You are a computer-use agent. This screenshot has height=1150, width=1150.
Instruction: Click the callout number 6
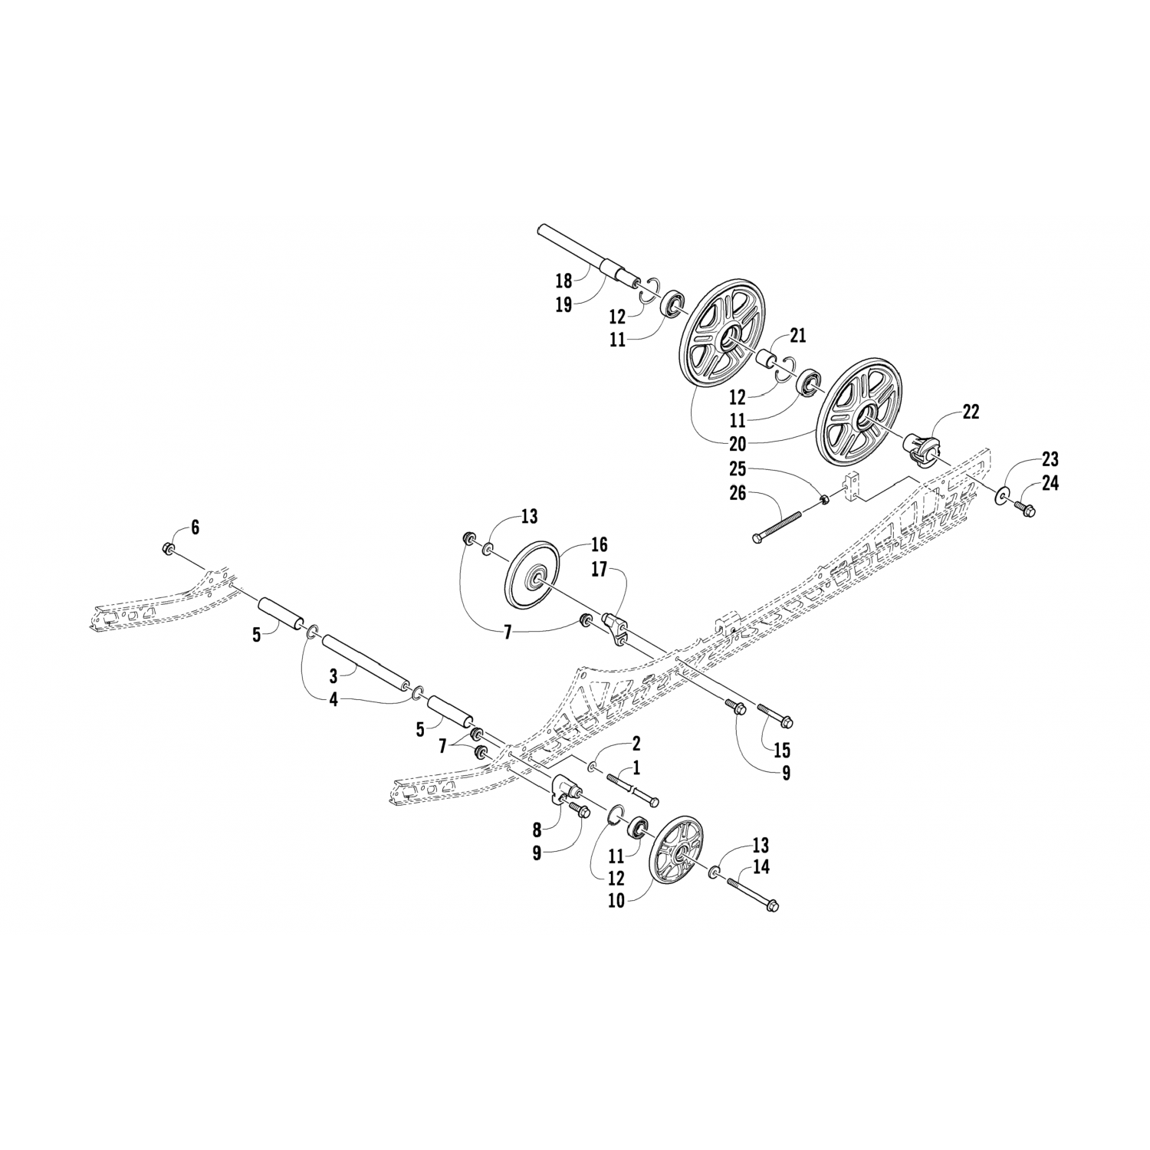195,527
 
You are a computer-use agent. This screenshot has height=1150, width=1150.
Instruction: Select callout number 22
970,412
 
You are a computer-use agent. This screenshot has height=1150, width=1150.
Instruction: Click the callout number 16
599,544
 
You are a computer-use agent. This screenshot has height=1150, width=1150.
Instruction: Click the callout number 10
616,901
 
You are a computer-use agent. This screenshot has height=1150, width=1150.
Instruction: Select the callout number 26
738,494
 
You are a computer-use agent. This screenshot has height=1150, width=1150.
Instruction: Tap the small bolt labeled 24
1025,506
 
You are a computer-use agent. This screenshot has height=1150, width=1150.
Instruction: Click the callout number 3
333,676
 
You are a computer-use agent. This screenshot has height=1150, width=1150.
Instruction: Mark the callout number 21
798,334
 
